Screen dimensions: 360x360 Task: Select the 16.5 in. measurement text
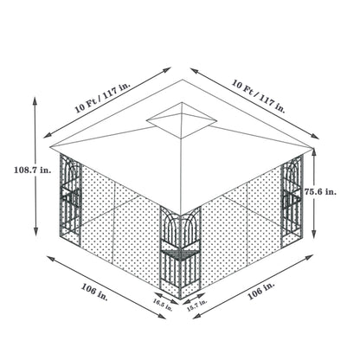[159, 302]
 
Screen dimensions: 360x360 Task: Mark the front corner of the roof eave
[180, 210]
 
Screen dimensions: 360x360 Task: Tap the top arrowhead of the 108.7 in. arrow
[35, 98]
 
